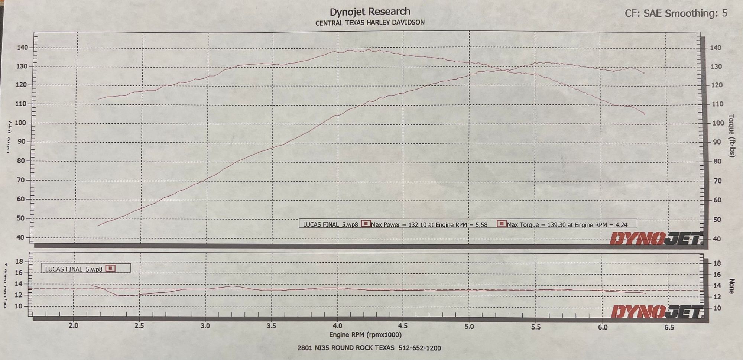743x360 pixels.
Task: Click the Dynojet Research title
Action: pyautogui.click(x=370, y=12)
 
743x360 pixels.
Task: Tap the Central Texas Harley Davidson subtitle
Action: pyautogui.click(x=370, y=23)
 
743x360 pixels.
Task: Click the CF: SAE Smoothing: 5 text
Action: pyautogui.click(x=676, y=13)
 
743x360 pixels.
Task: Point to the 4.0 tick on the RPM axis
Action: pyautogui.click(x=337, y=326)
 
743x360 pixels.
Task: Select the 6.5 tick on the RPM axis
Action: pyautogui.click(x=669, y=327)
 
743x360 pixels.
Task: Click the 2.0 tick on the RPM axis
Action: pyautogui.click(x=74, y=325)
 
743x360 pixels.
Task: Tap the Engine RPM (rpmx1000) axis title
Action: pyautogui.click(x=365, y=335)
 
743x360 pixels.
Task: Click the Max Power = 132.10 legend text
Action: pyautogui.click(x=429, y=224)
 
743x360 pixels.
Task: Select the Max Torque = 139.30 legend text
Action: pyautogui.click(x=567, y=224)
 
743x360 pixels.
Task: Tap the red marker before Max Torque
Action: pyautogui.click(x=502, y=224)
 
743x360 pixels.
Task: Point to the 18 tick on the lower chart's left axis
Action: pyautogui.click(x=19, y=261)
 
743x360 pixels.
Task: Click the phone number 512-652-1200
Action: pyautogui.click(x=419, y=348)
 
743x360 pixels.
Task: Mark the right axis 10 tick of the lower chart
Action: pyautogui.click(x=716, y=308)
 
